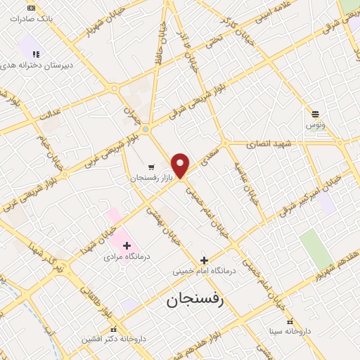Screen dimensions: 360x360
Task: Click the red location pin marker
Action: [x=181, y=165]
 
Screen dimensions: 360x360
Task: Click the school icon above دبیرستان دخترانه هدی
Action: [x=36, y=53]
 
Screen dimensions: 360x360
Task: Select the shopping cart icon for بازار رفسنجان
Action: [x=151, y=167]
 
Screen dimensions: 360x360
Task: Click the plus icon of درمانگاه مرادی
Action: [x=127, y=245]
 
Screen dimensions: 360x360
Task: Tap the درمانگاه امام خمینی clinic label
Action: [x=204, y=271]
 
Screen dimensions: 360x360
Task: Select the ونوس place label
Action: [x=315, y=124]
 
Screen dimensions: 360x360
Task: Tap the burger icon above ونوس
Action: [x=316, y=113]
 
